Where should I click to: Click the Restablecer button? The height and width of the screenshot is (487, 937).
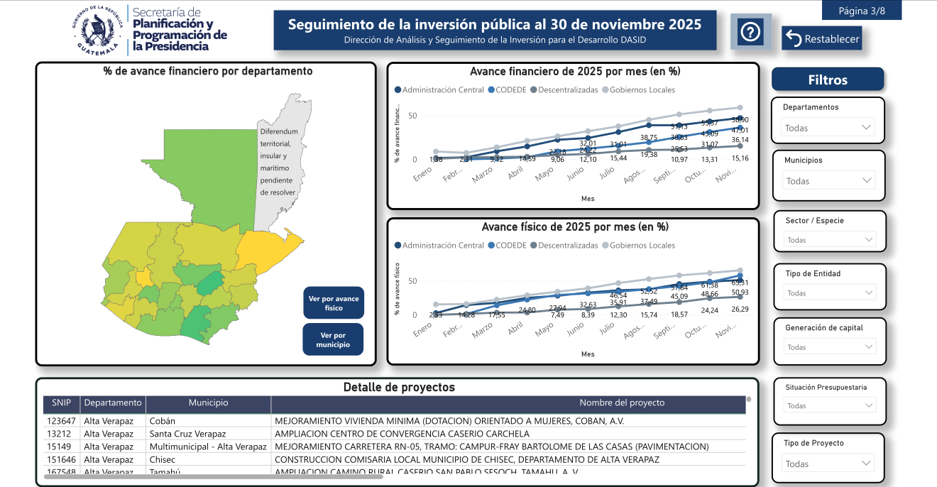822,39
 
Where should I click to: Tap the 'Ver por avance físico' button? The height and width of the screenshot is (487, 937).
334,303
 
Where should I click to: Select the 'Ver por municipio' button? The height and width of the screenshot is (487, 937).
334,340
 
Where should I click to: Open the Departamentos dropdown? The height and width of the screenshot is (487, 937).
828,128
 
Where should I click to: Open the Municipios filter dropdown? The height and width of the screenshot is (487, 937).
828,181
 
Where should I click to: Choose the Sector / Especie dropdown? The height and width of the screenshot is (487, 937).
830,240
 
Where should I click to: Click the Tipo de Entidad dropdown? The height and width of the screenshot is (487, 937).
830,292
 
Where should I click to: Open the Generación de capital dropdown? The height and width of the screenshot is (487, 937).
830,347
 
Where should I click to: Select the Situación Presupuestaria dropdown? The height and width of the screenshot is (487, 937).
830,406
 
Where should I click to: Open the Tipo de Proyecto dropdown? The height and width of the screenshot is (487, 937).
828,464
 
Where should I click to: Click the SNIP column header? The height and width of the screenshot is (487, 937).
61,403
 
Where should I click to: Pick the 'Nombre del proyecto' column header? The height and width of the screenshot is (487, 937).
622,403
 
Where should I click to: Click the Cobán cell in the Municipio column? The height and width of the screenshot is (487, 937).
163,421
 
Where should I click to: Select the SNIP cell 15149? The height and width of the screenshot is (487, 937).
61,447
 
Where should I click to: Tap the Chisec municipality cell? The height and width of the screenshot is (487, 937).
163,459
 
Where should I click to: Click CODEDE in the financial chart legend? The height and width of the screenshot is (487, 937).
507,90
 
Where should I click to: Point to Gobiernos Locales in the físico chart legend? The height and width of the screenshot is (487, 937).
642,246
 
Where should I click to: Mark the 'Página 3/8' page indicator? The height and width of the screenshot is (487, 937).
862,11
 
